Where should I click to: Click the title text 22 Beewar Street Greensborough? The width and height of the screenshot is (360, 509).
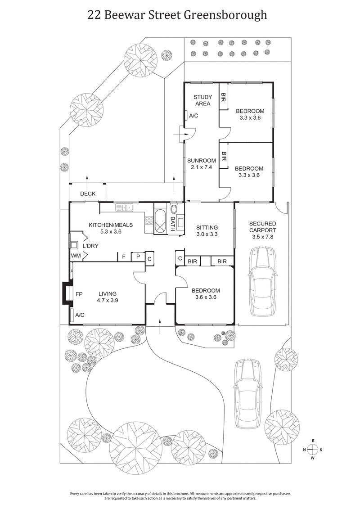click(x=177, y=15)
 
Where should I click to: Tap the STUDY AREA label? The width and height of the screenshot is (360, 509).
click(x=202, y=100)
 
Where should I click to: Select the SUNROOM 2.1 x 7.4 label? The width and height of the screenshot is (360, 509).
click(x=198, y=164)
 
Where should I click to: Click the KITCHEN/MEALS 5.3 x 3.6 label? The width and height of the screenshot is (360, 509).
click(x=105, y=228)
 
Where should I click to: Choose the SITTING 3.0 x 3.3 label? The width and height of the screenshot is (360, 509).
click(x=207, y=231)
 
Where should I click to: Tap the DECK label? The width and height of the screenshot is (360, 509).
click(x=88, y=194)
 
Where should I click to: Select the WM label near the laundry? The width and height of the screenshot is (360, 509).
click(x=75, y=256)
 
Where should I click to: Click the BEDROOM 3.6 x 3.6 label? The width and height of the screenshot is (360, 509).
click(x=204, y=293)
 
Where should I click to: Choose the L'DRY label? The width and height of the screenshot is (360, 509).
click(x=90, y=246)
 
